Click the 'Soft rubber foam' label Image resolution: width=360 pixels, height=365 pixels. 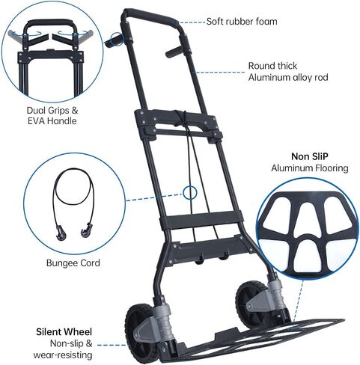point(242,22)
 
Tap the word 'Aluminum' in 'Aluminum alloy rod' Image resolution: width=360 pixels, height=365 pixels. point(269,78)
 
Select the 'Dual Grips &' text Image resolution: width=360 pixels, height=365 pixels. point(52,110)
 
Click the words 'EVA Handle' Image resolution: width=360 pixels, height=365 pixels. point(52,121)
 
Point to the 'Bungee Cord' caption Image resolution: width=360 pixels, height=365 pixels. point(73,263)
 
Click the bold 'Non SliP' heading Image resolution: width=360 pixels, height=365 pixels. point(310,156)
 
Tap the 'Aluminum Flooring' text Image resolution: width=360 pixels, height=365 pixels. point(310,168)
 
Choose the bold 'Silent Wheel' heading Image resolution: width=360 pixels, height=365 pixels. point(64,332)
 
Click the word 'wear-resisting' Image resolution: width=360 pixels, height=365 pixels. point(63,355)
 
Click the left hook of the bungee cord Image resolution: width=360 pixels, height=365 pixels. point(61,233)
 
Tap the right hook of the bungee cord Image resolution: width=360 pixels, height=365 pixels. point(86,230)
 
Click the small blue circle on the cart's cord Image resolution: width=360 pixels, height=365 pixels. point(190,192)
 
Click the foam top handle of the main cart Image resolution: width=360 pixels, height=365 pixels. point(150,16)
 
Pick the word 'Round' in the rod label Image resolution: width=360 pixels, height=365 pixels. point(260,66)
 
